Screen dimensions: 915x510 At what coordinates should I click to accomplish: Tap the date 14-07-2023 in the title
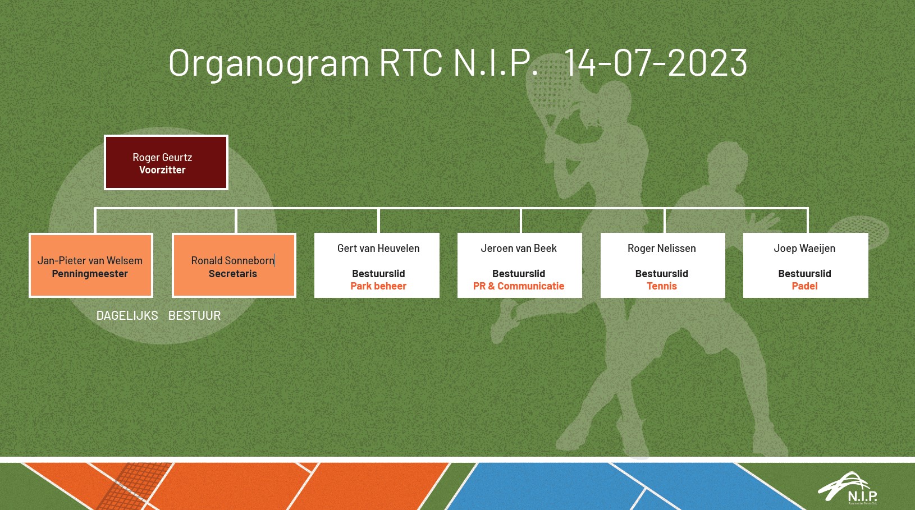pos(656,62)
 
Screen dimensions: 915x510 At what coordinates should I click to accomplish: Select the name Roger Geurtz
pos(162,157)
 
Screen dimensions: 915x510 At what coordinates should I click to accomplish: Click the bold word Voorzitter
pos(162,170)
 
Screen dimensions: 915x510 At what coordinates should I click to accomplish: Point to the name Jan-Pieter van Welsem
pos(90,260)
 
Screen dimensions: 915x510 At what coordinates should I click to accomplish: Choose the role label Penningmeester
pos(90,274)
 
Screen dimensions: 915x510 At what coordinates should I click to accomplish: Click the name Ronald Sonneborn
pos(232,260)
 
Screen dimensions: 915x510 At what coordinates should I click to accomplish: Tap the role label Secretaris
pos(233,274)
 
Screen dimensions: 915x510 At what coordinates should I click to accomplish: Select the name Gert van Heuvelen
pos(378,248)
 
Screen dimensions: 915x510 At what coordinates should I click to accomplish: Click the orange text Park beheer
pos(378,286)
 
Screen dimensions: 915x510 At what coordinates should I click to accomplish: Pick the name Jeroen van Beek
pos(518,248)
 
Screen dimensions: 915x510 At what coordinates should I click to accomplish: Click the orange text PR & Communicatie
pos(518,286)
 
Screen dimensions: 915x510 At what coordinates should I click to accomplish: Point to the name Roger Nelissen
pos(662,248)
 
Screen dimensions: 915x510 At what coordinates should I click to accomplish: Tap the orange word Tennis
pos(662,286)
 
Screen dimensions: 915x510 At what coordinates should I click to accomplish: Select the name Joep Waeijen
pos(804,248)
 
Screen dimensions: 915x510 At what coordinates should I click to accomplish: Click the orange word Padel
pos(804,286)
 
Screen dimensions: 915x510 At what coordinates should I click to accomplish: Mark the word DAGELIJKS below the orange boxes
pos(127,315)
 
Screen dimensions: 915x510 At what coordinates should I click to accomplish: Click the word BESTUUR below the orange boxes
pos(194,315)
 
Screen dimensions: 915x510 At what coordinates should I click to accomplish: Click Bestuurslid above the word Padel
pos(804,274)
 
